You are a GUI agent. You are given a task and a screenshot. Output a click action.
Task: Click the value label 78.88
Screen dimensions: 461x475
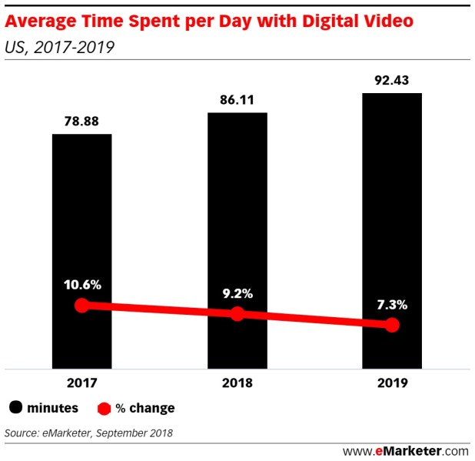pyautogui.click(x=81, y=120)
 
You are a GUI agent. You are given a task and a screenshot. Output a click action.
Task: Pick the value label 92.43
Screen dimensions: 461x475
pyautogui.click(x=392, y=79)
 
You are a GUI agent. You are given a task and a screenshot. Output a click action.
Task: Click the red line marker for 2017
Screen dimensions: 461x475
pyautogui.click(x=81, y=306)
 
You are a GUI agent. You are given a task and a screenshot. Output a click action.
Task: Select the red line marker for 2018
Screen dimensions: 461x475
pyautogui.click(x=237, y=313)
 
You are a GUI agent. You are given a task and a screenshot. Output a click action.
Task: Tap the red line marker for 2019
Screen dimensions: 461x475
pyautogui.click(x=392, y=326)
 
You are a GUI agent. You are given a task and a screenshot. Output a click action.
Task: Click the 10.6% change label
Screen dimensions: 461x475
pyautogui.click(x=81, y=285)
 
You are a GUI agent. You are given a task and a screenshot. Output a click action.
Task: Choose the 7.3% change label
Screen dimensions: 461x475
pyautogui.click(x=392, y=305)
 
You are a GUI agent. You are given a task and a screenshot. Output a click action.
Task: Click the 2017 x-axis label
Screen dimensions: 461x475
pyautogui.click(x=81, y=382)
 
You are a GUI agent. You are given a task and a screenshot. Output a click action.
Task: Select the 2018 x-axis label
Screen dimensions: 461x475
pyautogui.click(x=237, y=382)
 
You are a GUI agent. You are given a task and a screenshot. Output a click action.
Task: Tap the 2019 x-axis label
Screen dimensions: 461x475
pyautogui.click(x=392, y=382)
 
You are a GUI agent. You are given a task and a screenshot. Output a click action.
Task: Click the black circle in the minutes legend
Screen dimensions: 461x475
pyautogui.click(x=16, y=408)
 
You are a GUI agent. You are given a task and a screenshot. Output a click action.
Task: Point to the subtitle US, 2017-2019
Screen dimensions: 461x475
pyautogui.click(x=59, y=48)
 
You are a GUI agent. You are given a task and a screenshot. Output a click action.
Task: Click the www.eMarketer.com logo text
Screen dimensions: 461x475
pyautogui.click(x=405, y=450)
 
